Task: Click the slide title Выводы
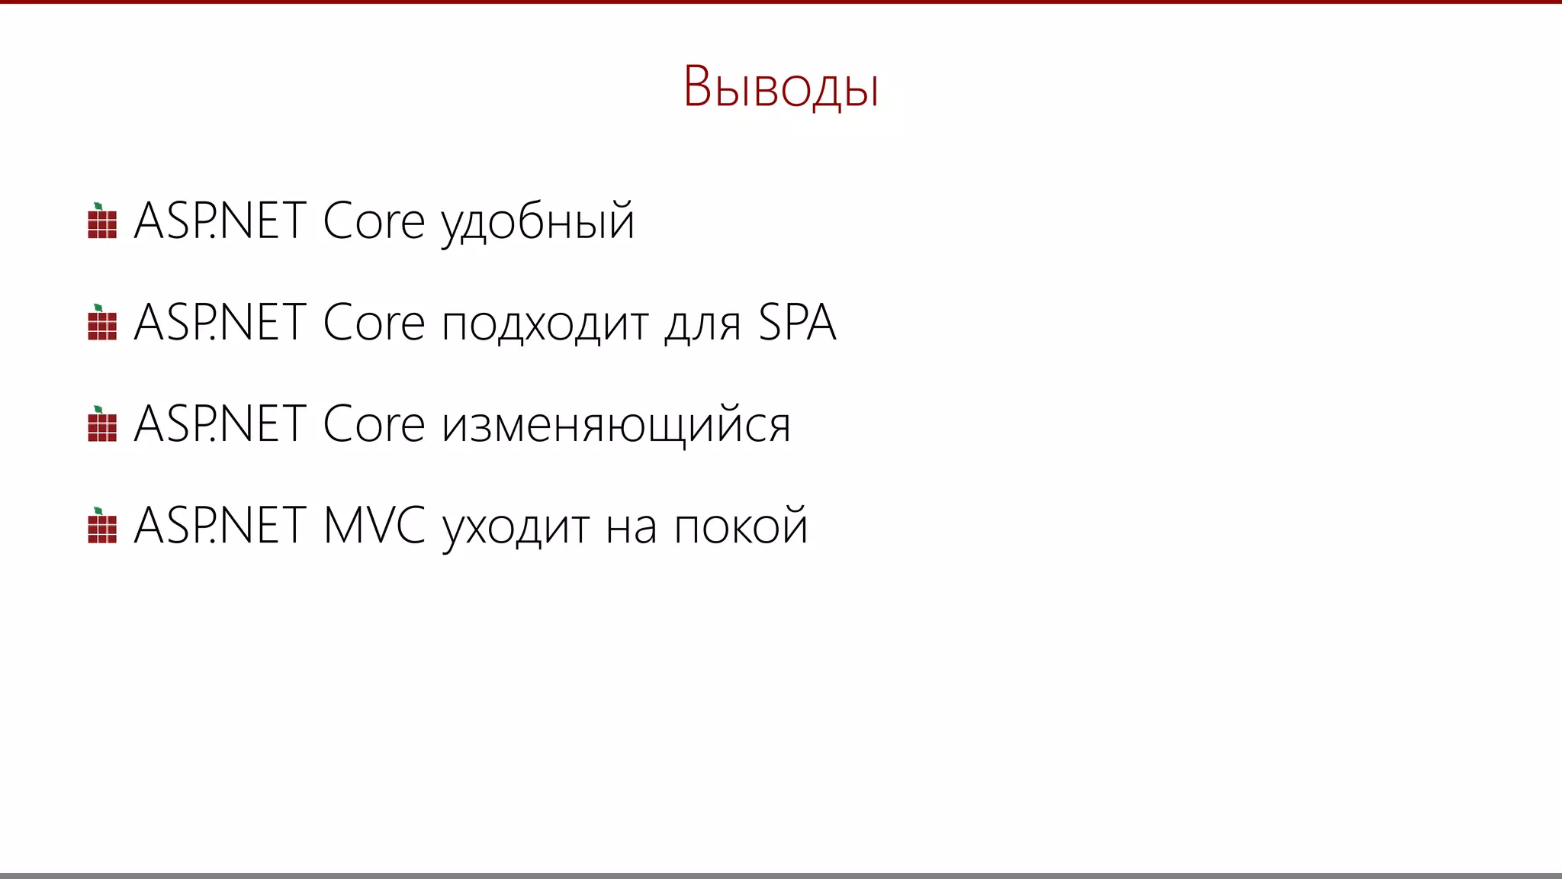[780, 86]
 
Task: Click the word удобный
[538, 222]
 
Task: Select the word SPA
[797, 323]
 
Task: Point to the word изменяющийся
[616, 425]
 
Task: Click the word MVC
[374, 526]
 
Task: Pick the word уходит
[516, 527]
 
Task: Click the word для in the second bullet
[702, 325]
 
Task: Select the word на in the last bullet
[631, 527]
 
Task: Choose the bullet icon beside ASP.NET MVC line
[102, 526]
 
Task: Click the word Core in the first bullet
[373, 221]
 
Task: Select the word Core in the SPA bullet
[373, 323]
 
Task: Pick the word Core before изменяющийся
[373, 424]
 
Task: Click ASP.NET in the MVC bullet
[220, 526]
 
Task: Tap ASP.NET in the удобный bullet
[220, 221]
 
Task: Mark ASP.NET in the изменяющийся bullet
[220, 424]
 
